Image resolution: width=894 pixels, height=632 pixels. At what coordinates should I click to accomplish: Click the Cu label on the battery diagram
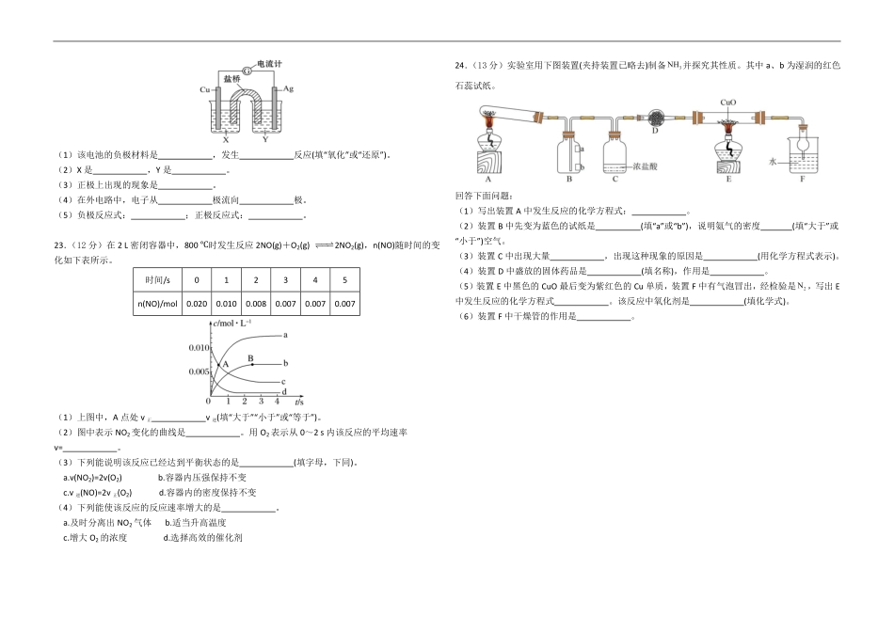click(x=204, y=89)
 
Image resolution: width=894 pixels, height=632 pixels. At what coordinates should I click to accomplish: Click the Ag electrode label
click(x=289, y=87)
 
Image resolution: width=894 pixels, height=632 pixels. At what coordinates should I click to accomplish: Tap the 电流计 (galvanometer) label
click(x=269, y=64)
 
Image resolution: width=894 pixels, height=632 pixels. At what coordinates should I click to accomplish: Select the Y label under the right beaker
click(x=264, y=139)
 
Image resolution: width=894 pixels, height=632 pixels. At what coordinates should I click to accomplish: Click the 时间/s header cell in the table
click(x=158, y=280)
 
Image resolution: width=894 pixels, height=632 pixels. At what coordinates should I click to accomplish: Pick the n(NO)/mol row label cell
click(x=158, y=303)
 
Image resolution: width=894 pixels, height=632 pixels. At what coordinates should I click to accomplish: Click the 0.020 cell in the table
click(x=197, y=303)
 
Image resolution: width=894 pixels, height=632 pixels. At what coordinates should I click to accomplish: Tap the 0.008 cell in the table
click(x=256, y=303)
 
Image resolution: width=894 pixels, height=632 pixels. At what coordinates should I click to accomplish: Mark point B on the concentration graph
click(x=251, y=358)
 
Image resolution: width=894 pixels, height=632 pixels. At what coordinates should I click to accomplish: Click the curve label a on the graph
click(x=285, y=335)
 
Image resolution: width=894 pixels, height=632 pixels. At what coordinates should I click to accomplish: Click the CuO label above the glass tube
click(x=727, y=102)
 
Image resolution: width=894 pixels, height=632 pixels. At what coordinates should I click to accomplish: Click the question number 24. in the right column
click(x=460, y=66)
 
